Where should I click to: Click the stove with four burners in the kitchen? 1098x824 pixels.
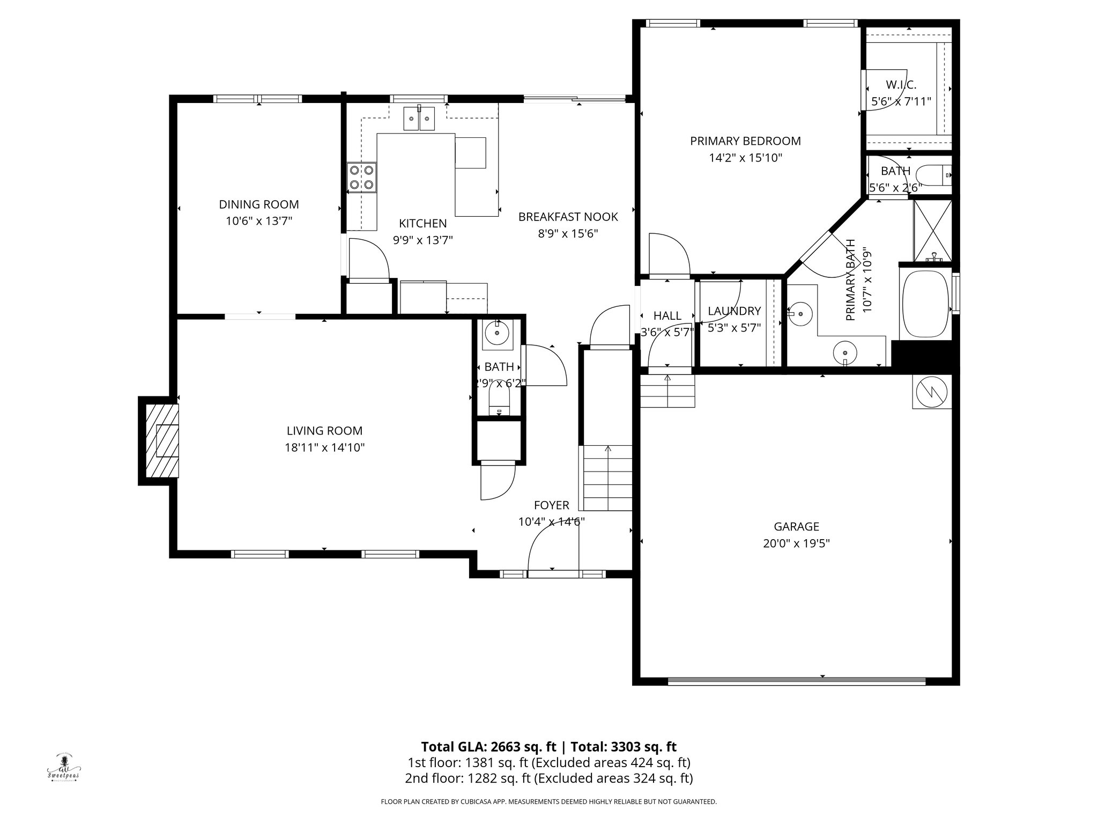(361, 178)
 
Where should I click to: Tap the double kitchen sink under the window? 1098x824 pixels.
(419, 118)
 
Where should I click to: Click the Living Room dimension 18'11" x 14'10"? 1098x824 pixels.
(324, 447)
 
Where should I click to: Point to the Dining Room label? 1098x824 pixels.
(258, 204)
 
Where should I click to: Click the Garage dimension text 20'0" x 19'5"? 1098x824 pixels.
(796, 543)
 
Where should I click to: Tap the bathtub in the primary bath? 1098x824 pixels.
(926, 304)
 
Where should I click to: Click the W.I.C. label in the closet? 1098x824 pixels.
(901, 85)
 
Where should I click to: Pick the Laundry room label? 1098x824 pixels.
(734, 311)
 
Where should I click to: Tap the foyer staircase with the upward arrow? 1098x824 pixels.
(607, 477)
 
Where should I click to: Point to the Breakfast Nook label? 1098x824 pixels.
(568, 217)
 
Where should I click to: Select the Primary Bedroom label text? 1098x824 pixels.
(745, 141)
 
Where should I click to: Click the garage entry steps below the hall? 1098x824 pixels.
(667, 392)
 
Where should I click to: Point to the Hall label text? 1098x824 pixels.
(667, 316)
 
